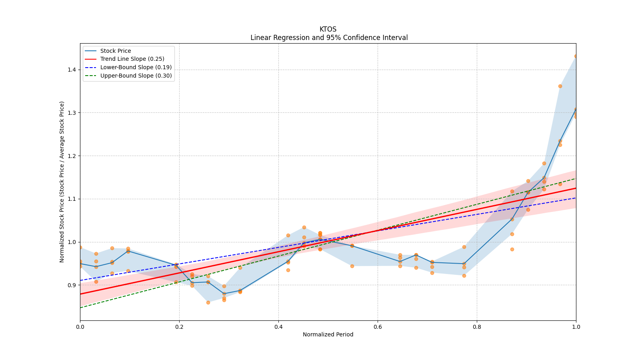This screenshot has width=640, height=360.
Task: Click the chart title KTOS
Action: click(x=328, y=30)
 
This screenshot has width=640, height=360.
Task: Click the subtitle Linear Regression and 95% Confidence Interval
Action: click(x=329, y=38)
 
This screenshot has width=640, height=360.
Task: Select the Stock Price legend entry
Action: click(x=116, y=51)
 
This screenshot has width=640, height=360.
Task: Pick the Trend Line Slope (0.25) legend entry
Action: click(x=132, y=59)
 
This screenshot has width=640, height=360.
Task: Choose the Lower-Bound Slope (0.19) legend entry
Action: click(x=136, y=68)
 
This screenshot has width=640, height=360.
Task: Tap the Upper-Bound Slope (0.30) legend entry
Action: click(x=136, y=76)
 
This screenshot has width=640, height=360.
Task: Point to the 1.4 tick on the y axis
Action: click(x=72, y=70)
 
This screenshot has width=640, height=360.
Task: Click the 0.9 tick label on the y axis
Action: click(x=72, y=285)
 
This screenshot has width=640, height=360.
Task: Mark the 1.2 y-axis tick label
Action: click(x=72, y=156)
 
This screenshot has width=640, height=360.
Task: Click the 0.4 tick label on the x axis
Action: click(x=278, y=327)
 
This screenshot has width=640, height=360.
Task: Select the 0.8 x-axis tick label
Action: click(x=477, y=327)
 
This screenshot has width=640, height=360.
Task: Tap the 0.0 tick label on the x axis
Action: click(x=80, y=327)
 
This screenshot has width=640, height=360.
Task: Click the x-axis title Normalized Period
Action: click(x=328, y=334)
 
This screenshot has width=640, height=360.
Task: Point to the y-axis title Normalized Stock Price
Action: click(x=62, y=182)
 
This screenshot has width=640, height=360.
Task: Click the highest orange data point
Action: click(x=576, y=56)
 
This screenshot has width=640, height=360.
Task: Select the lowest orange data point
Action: click(x=208, y=302)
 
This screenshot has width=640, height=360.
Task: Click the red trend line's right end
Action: click(x=576, y=188)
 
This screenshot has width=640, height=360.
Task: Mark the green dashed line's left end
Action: click(x=80, y=308)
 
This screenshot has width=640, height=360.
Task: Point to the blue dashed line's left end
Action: click(x=80, y=280)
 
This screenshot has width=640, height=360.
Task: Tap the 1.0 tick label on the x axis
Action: click(x=576, y=327)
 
